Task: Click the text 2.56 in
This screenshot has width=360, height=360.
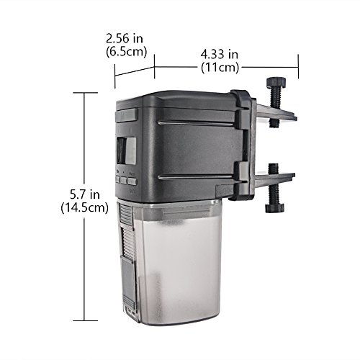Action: click(x=125, y=39)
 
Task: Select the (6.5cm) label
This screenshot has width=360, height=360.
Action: click(x=127, y=52)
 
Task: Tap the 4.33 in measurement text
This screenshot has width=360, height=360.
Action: click(x=220, y=55)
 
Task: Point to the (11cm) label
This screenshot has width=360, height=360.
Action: click(x=220, y=68)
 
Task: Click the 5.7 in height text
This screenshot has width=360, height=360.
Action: click(x=85, y=194)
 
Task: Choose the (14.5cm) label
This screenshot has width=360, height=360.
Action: click(x=84, y=207)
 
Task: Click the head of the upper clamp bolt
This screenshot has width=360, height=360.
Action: click(x=276, y=82)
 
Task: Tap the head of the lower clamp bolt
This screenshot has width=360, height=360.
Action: click(x=275, y=208)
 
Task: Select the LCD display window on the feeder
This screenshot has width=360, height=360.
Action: click(x=126, y=150)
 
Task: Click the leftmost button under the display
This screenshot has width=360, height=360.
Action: click(x=117, y=179)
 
